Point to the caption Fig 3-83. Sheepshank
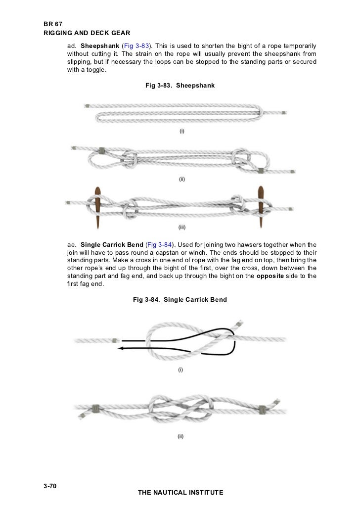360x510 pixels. point(180,86)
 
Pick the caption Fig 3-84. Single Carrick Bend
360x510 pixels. point(180,299)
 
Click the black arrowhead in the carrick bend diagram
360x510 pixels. point(121,348)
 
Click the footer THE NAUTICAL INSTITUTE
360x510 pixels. point(180,493)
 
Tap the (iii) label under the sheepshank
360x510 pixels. point(182,228)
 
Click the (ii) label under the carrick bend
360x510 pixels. point(181,436)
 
